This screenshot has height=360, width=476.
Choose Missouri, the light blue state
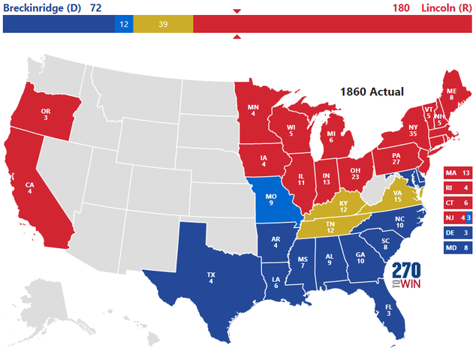(271, 202)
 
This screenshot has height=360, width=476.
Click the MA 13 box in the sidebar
(458, 173)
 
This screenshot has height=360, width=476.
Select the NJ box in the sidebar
(458, 217)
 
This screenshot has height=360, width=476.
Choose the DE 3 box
(458, 232)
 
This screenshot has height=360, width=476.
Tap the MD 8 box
(458, 247)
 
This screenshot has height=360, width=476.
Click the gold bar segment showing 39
(163, 25)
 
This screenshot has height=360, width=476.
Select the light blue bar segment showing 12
(124, 25)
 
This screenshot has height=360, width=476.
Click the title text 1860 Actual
(372, 91)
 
